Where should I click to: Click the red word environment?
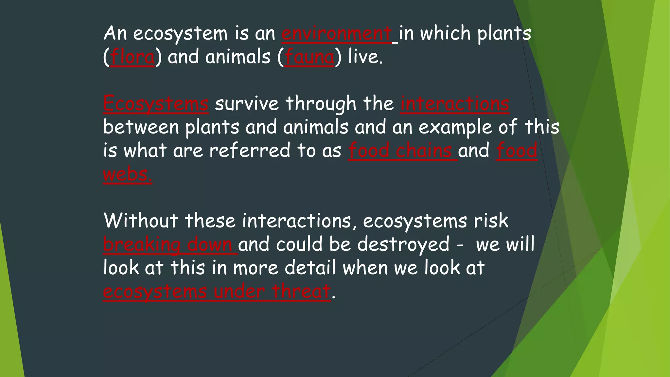pos(337,34)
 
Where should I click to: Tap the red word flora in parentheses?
pos(132,57)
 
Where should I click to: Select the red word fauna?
pos(309,57)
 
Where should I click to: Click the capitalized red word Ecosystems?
pos(156,104)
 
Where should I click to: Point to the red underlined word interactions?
pos(455,104)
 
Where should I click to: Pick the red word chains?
pos(424,151)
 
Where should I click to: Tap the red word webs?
pos(127,174)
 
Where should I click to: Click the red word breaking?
pos(142,245)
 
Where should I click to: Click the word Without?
pos(141,221)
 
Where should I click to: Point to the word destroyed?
pos(403,245)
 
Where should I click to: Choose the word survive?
pos(247,104)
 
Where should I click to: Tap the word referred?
pos(250,151)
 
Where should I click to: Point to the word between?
pos(141,128)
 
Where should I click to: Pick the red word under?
pos(239,291)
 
